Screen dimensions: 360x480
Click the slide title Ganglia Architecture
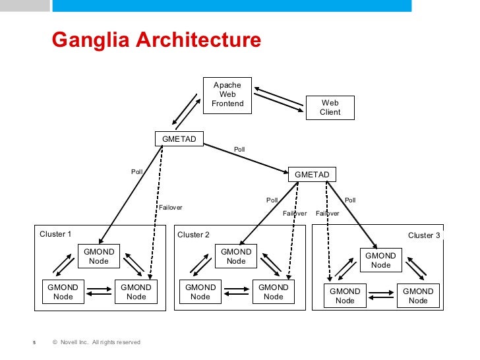(x=156, y=40)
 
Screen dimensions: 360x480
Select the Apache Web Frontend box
(x=227, y=94)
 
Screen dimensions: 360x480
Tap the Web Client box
(x=330, y=107)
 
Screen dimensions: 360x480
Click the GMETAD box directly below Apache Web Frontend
(x=179, y=138)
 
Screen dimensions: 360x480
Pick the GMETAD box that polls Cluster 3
(x=312, y=174)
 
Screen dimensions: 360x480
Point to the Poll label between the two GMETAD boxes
(x=239, y=150)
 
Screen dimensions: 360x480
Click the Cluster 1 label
(x=55, y=234)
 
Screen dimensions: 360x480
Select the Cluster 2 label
(x=194, y=235)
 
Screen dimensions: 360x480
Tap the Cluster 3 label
(x=424, y=235)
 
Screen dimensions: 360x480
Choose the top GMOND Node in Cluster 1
(x=99, y=256)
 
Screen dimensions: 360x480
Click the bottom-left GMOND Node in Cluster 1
(x=63, y=292)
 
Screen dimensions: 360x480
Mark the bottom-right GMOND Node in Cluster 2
(x=274, y=292)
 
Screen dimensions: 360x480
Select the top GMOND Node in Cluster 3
(x=380, y=260)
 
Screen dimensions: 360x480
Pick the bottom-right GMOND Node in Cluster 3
(x=418, y=296)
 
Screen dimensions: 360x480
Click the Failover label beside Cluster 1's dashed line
(x=170, y=208)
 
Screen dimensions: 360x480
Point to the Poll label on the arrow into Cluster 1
(x=136, y=172)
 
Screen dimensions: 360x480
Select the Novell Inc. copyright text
(x=96, y=342)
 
